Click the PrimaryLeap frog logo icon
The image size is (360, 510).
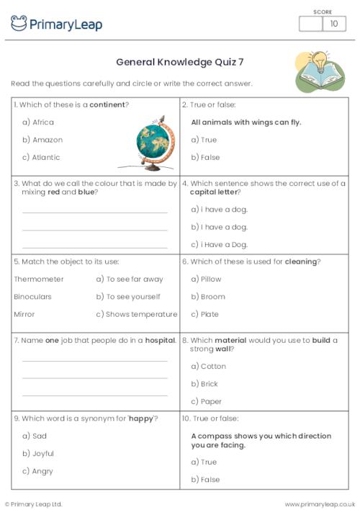tap(19, 24)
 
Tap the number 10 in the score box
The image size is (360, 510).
tap(333, 24)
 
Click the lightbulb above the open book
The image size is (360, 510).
tap(318, 59)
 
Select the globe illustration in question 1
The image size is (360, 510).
tap(156, 143)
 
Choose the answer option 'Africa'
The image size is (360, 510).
tap(43, 122)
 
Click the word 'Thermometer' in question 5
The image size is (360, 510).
tap(39, 279)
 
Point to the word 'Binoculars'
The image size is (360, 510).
tap(37, 297)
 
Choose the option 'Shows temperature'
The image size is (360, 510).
tap(141, 314)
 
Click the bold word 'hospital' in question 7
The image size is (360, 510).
tap(160, 340)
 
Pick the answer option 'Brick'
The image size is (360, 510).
tap(209, 384)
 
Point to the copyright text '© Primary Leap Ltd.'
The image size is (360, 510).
tap(34, 504)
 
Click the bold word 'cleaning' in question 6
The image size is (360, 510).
tap(300, 261)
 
